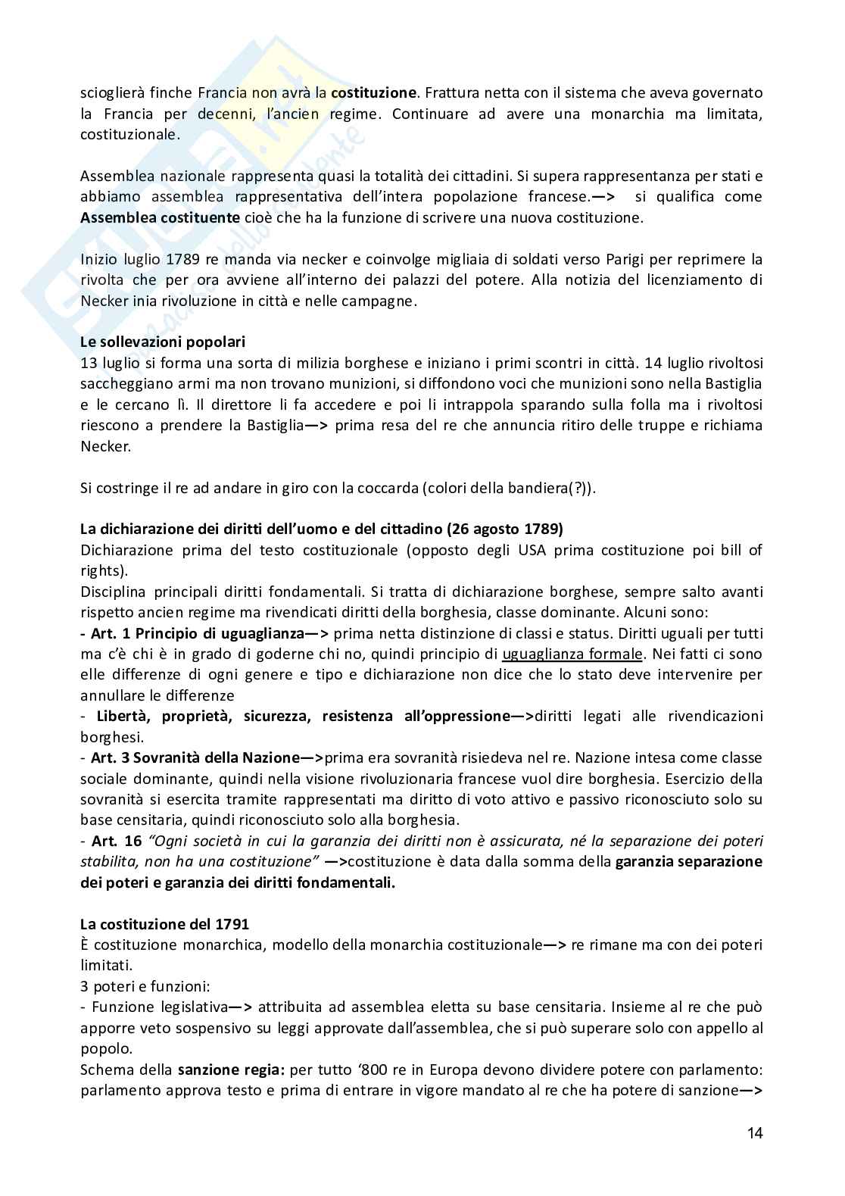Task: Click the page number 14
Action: (x=755, y=1133)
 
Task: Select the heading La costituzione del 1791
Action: (x=164, y=924)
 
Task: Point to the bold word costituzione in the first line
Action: (x=374, y=93)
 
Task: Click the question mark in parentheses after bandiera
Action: (x=579, y=488)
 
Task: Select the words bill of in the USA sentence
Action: (x=741, y=550)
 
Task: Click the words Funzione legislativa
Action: (x=160, y=1007)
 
